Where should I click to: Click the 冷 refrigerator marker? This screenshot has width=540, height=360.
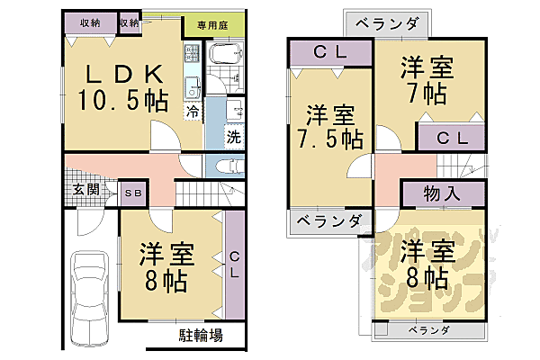(x=193, y=112)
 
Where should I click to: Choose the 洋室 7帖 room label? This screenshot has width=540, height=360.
(x=427, y=79)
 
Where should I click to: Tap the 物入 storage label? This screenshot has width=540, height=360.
(x=441, y=193)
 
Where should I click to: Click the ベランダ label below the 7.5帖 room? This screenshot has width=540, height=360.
(x=328, y=220)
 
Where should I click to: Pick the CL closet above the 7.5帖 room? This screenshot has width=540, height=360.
(x=330, y=54)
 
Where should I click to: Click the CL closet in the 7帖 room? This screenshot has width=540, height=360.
(x=451, y=137)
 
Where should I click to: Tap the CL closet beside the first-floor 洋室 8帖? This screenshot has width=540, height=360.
(x=235, y=265)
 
